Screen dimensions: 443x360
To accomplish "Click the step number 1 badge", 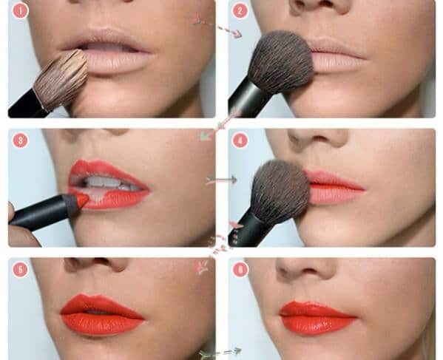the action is [20, 11].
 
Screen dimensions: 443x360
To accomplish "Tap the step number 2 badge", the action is [240, 11].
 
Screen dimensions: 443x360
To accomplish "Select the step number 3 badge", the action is [20, 140].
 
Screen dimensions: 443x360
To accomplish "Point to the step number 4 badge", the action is [240, 140].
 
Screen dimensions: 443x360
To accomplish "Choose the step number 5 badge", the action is [20, 270].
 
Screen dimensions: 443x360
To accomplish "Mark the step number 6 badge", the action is [240, 270].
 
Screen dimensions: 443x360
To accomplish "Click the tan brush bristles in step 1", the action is [61, 81].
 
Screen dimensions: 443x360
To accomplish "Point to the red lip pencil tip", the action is [83, 200].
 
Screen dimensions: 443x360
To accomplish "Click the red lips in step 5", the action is [102, 314].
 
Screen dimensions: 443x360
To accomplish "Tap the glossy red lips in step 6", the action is [318, 318].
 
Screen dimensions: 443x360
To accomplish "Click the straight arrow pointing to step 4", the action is [222, 180].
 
